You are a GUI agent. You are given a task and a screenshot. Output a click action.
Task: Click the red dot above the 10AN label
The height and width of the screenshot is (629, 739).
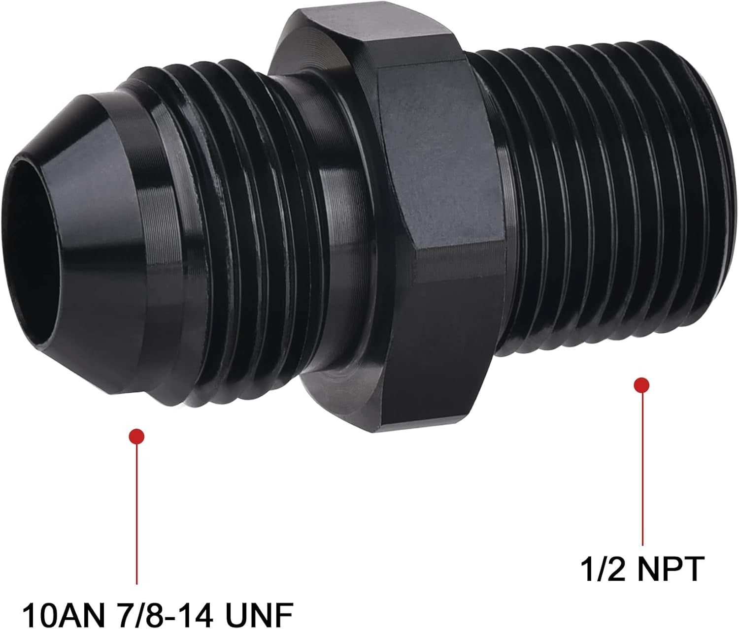[x=136, y=437]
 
